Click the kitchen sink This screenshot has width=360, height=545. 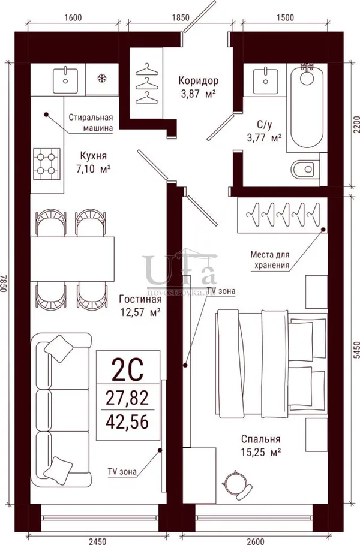[x=65, y=80]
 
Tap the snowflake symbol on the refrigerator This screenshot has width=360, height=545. [x=102, y=78]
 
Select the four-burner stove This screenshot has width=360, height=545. [x=47, y=164]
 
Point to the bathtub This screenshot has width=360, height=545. [x=307, y=107]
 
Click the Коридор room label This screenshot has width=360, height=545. [x=198, y=80]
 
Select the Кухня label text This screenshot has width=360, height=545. [x=93, y=155]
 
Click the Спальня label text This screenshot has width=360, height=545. [x=261, y=439]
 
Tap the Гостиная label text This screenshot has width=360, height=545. [x=140, y=299]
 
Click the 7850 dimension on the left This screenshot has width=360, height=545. [x=4, y=282]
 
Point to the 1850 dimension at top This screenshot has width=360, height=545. [x=181, y=17]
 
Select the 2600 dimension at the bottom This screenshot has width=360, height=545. [x=255, y=541]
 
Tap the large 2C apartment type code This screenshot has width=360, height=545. [x=127, y=370]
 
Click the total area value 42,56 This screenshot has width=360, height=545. [x=127, y=422]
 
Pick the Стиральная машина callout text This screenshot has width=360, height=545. [x=91, y=122]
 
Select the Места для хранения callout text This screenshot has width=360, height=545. [x=270, y=260]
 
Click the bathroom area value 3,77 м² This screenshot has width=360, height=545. [x=265, y=138]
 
